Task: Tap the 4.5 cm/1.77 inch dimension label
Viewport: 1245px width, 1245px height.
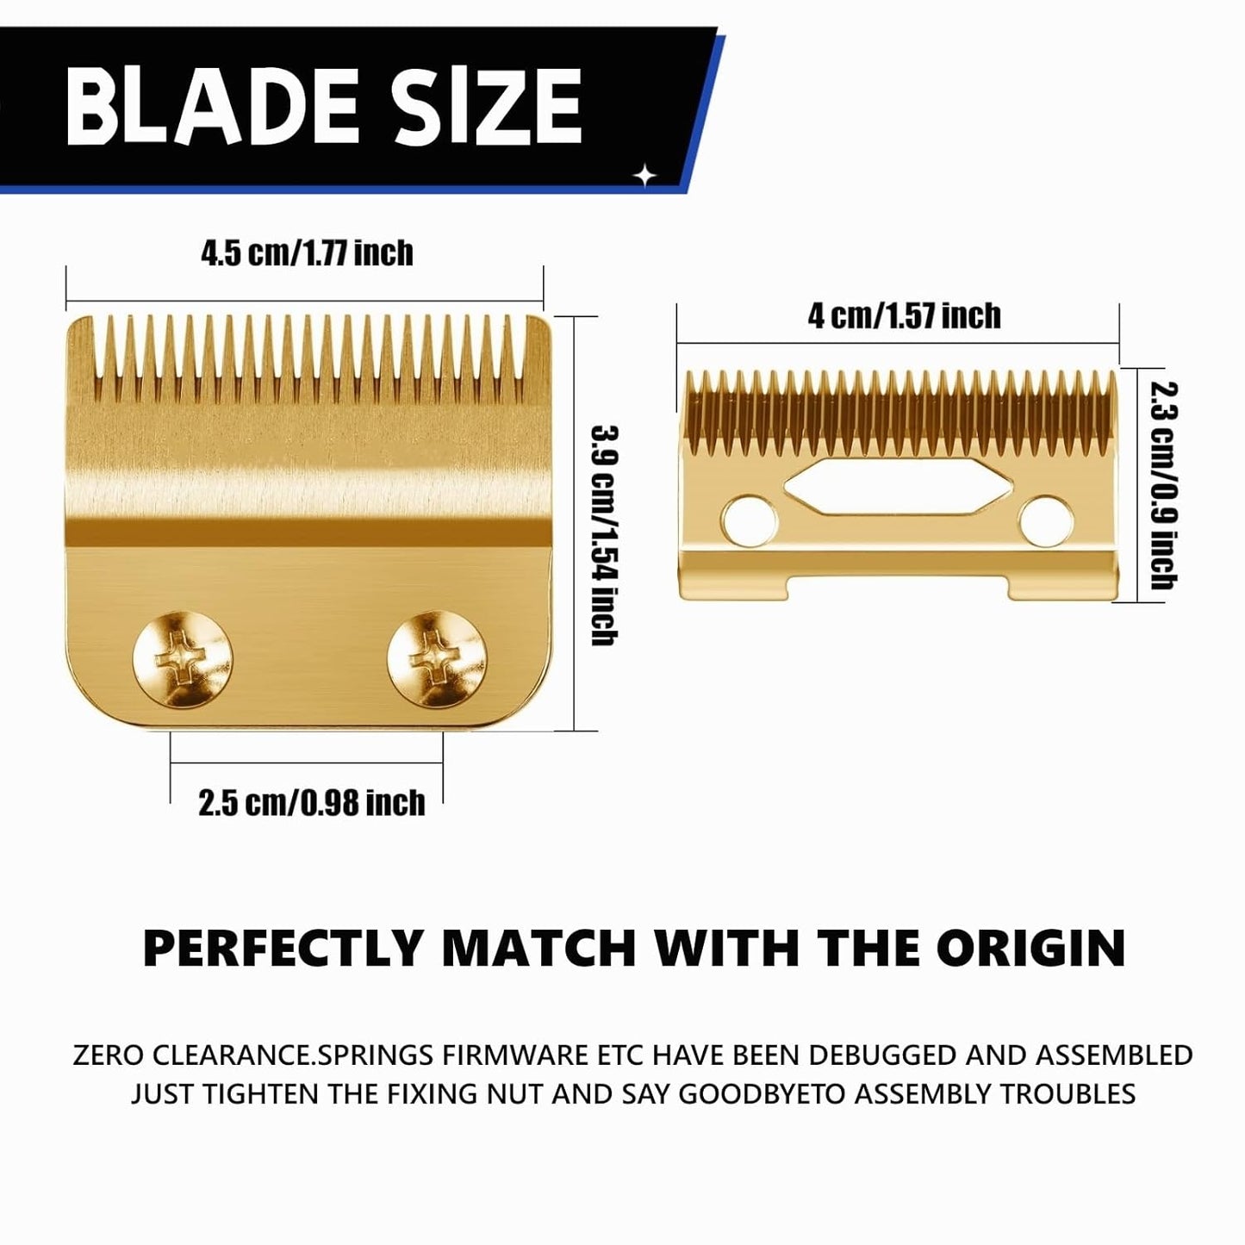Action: [x=307, y=253]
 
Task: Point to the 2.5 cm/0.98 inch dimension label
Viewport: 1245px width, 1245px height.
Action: [x=311, y=803]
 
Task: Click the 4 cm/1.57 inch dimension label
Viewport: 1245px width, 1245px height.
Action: [x=904, y=316]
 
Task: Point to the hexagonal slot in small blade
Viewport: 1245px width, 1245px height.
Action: [x=896, y=487]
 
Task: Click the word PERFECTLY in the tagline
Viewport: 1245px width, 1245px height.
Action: [x=283, y=948]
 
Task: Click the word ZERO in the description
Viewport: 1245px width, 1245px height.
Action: [x=108, y=1055]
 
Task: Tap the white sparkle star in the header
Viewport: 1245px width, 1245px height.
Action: [x=644, y=176]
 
